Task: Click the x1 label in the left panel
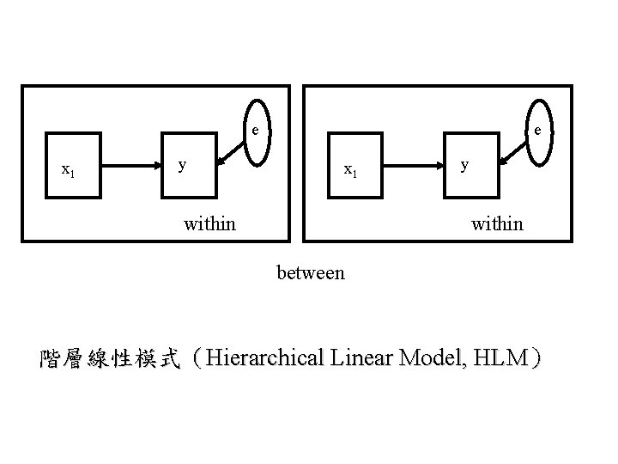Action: pos(67,170)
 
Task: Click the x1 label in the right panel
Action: pos(350,170)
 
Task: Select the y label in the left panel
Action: pos(182,163)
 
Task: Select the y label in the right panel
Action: pos(464,163)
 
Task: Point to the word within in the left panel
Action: pos(209,224)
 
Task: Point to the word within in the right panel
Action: pos(496,224)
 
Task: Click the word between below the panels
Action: pos(311,273)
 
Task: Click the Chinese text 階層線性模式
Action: pos(110,358)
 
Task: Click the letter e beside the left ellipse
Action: pos(254,131)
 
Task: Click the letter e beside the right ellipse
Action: pos(536,131)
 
